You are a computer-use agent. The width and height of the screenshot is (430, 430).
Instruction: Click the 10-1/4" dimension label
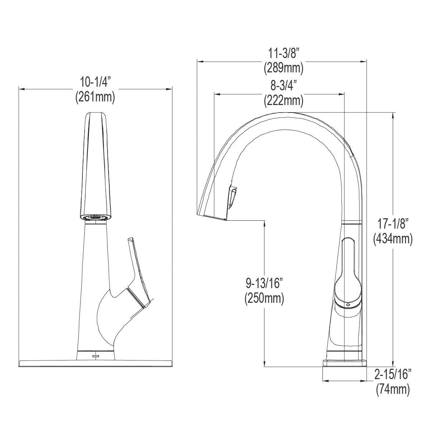click(x=95, y=83)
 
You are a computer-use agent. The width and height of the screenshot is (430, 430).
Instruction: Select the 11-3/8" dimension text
click(x=283, y=54)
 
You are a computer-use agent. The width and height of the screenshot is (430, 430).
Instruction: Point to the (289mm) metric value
click(x=283, y=68)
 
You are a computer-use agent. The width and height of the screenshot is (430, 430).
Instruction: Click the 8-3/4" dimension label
click(x=283, y=86)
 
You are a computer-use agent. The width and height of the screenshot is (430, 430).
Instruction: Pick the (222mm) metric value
click(x=283, y=101)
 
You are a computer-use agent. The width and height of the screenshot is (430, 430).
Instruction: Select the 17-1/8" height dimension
click(x=393, y=225)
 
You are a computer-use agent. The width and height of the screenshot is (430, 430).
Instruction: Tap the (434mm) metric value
click(x=393, y=239)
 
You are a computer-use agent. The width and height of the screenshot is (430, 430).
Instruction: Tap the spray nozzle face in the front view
click(x=95, y=217)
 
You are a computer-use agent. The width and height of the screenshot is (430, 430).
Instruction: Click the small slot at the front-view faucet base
click(x=96, y=355)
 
